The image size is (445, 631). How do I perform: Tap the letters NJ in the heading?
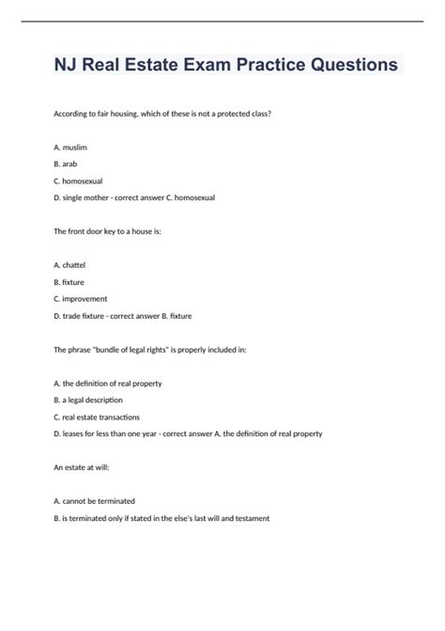click(x=69, y=66)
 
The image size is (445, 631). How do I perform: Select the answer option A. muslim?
click(x=74, y=148)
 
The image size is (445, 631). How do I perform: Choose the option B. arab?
click(x=70, y=164)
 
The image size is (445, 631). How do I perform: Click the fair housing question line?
click(x=162, y=114)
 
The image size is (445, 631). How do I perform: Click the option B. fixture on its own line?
click(x=74, y=282)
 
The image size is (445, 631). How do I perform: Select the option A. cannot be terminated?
click(x=95, y=500)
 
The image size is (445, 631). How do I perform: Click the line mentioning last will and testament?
click(x=162, y=517)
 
